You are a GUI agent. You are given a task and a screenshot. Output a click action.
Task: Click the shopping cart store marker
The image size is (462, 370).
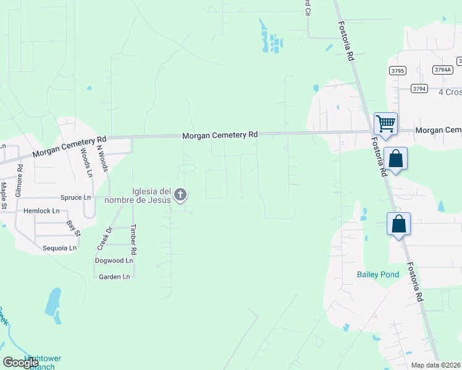click(385, 123)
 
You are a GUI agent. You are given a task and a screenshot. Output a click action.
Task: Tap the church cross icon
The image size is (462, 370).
click(180, 195)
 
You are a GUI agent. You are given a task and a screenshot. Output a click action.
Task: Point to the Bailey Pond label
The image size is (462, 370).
click(374, 274)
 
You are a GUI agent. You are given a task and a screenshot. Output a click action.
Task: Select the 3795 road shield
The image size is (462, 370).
click(397, 71)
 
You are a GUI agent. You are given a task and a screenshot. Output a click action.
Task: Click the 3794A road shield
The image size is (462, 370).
click(442, 70)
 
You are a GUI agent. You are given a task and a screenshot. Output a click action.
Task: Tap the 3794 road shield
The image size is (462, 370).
click(419, 89)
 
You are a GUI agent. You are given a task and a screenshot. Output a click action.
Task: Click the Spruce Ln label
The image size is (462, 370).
click(75, 197)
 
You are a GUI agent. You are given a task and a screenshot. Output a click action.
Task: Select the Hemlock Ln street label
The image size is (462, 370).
click(41, 211)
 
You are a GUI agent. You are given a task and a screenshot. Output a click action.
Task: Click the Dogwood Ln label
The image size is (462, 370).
click(114, 261)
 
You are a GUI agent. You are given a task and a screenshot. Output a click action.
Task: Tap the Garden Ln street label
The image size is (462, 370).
click(114, 277)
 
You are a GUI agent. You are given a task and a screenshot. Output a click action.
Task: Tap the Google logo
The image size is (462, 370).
click(21, 363)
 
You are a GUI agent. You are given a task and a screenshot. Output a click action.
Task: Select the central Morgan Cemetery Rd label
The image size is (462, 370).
click(219, 134)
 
